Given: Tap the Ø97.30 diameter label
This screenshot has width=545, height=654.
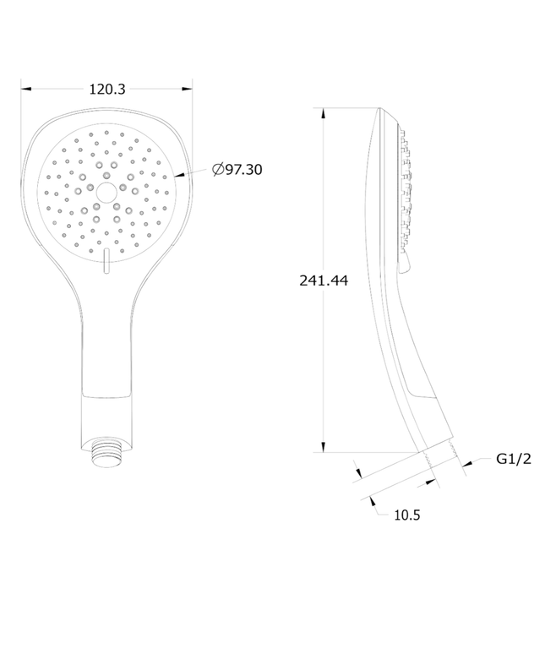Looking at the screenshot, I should coord(237,170).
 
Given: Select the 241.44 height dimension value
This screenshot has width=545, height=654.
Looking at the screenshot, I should coord(324,281).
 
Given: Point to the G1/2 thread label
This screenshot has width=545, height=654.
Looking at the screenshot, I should coord(514,459).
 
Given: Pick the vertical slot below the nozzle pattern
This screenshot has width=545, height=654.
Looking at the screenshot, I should coord(106,262).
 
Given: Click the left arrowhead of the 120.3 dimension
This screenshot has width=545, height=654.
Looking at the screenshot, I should coord(25,87).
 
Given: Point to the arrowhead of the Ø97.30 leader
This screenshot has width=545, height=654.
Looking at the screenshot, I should coord(177,176).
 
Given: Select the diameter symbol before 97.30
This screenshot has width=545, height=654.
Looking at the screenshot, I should coord(218,170).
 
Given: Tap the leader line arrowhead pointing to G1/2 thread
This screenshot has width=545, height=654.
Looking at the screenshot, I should coord(466,462).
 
